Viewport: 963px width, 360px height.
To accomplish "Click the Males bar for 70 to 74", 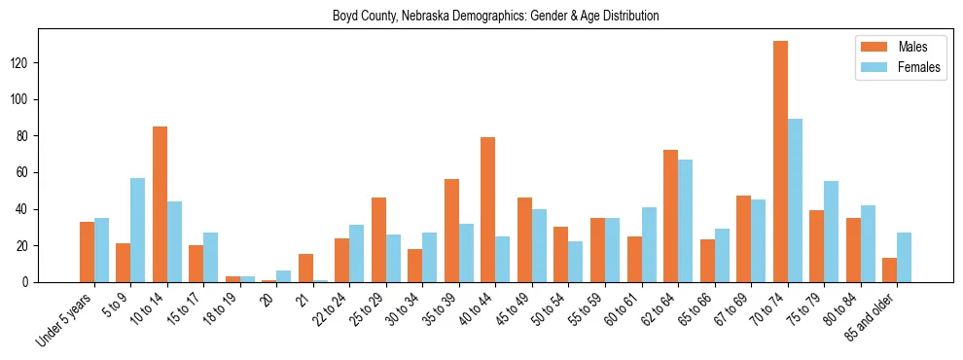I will click(x=780, y=162).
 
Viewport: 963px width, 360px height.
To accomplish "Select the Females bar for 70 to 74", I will click(x=795, y=200).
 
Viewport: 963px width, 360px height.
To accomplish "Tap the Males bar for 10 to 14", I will click(x=160, y=204).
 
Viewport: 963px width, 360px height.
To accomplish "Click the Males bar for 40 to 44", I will click(x=488, y=209).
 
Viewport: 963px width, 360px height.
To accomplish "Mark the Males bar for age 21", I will click(x=305, y=268).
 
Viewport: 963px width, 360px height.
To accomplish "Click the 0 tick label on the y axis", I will click(x=28, y=282).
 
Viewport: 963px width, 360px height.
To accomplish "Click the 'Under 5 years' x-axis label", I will click(x=65, y=316).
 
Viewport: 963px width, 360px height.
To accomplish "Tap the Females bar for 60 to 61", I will click(x=649, y=244).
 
